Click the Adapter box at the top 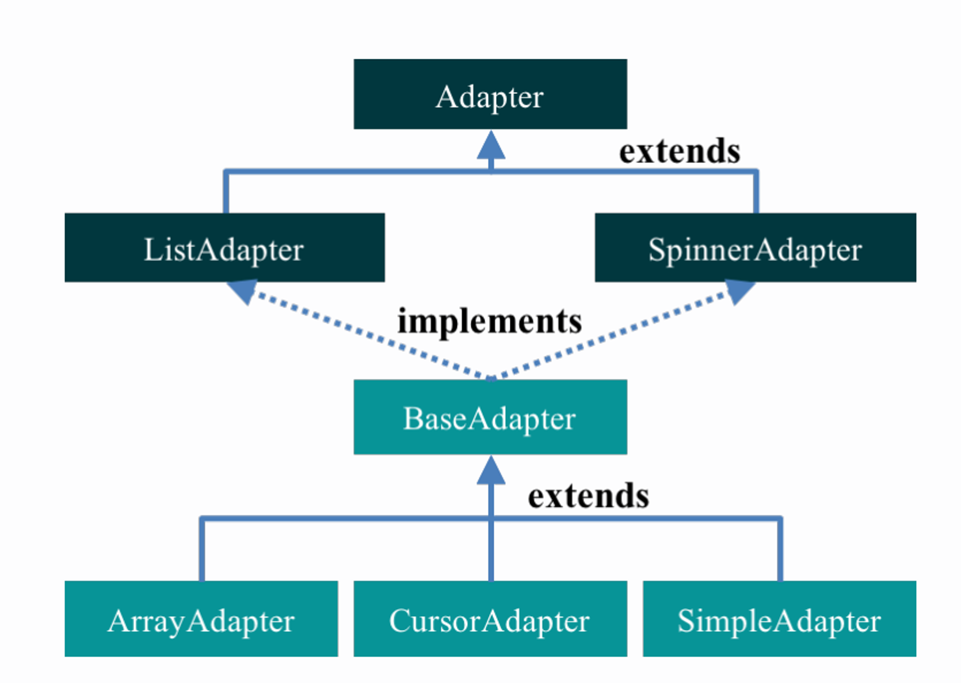(490, 94)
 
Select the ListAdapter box (225, 247)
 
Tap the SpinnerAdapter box (756, 247)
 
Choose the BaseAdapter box (490, 417)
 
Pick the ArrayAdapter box (201, 619)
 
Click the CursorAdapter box (490, 619)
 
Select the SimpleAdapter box (780, 619)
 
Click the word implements (490, 322)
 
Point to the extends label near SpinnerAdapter (680, 151)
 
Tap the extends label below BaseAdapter (589, 496)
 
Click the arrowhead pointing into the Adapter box (491, 145)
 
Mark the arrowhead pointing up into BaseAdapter (491, 470)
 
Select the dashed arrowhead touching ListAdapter (243, 291)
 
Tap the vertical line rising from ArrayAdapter (201, 549)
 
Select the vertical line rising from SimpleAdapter (780, 549)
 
